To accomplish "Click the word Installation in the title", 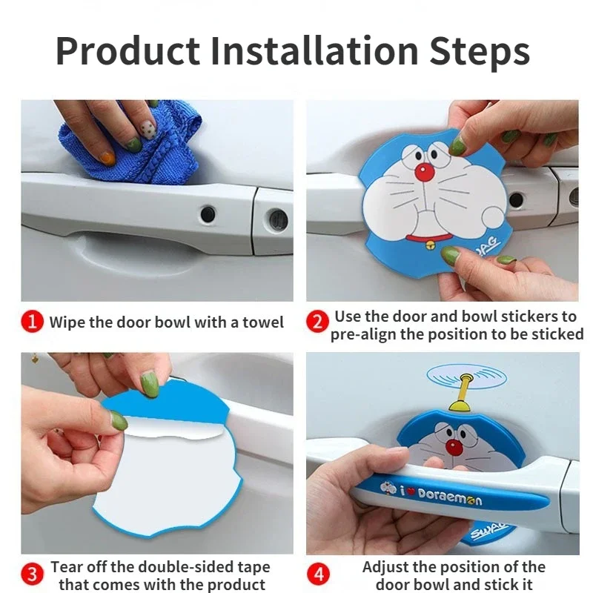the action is (x=314, y=50).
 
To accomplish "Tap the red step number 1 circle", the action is (x=32, y=322).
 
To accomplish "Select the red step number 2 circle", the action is (x=317, y=322).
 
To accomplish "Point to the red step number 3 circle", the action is (x=32, y=574).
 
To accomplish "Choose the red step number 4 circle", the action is (x=318, y=574).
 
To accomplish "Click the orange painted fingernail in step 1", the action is (x=107, y=159).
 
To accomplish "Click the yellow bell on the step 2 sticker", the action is (x=431, y=246).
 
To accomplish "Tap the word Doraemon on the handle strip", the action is (x=450, y=497).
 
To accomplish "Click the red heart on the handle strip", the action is (x=411, y=492).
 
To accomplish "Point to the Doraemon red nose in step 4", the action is (x=454, y=448).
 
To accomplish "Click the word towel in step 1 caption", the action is (x=263, y=322).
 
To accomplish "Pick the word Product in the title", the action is (x=127, y=50).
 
